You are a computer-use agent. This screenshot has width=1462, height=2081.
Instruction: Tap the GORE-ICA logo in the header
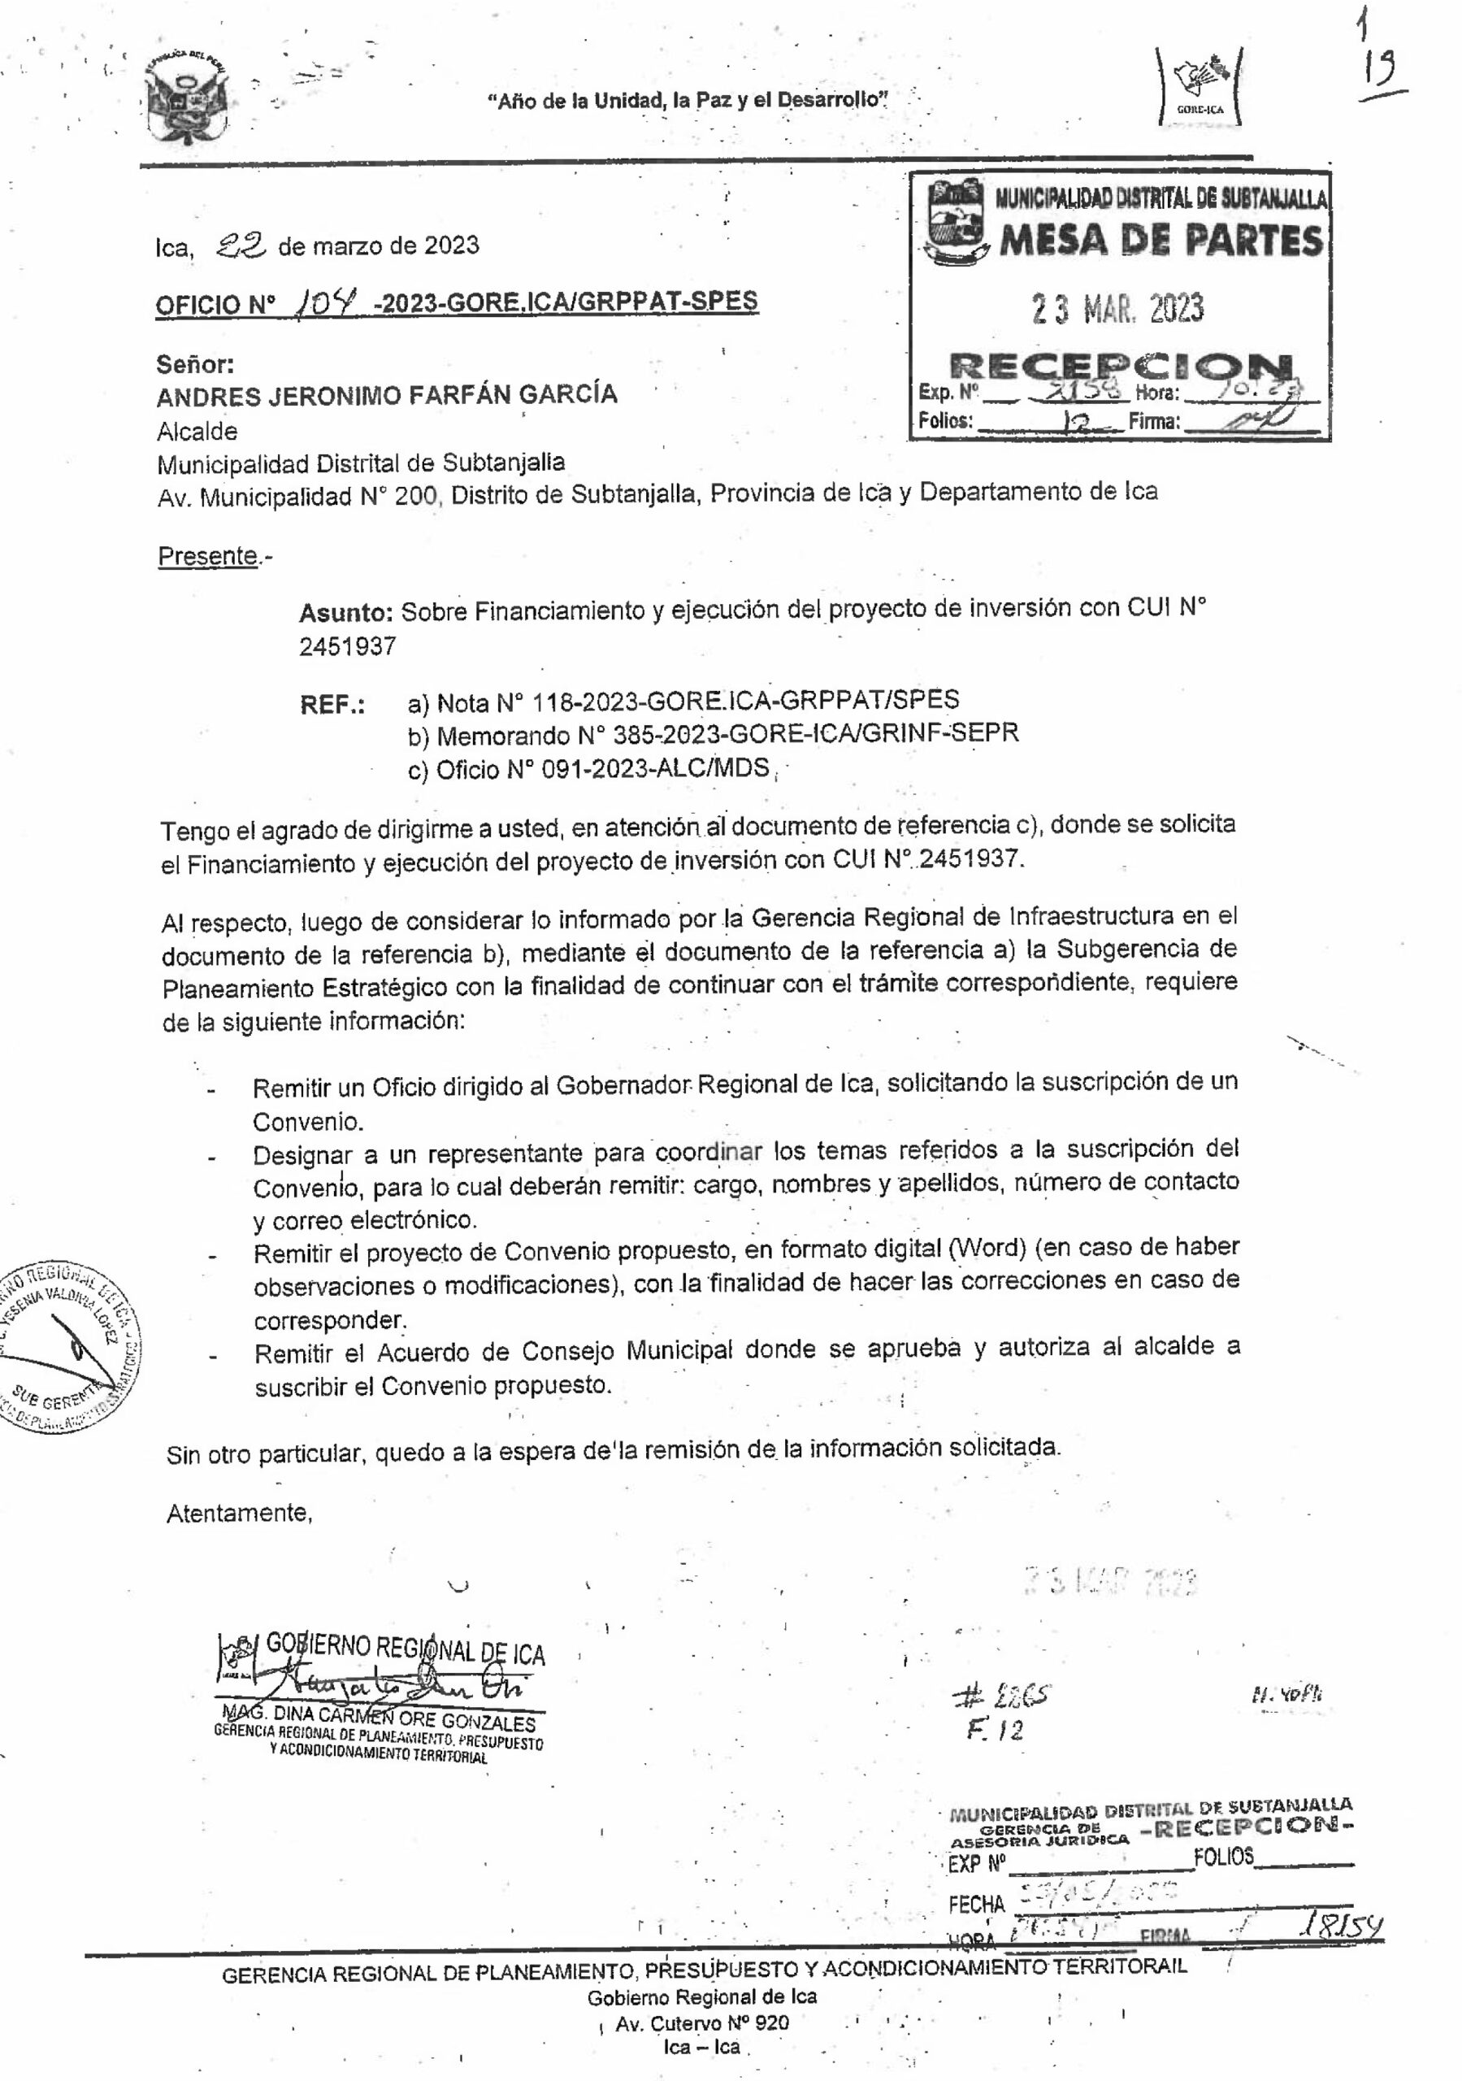[1200, 87]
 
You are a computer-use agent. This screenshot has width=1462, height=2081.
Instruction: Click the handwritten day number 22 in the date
[241, 244]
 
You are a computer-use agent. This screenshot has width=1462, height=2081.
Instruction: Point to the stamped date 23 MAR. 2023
[1117, 310]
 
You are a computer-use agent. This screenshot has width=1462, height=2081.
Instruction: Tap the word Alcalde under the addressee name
[197, 432]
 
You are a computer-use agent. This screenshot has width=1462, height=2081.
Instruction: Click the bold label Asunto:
[345, 613]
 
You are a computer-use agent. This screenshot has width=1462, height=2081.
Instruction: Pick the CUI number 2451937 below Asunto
[347, 646]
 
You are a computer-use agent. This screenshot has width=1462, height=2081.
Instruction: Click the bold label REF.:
[332, 705]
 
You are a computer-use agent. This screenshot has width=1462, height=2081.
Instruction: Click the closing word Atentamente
[239, 1513]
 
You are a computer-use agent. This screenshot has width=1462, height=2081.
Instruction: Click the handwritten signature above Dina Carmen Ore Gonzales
[390, 1687]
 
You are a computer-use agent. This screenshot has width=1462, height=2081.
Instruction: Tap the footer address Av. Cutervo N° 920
[701, 2023]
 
